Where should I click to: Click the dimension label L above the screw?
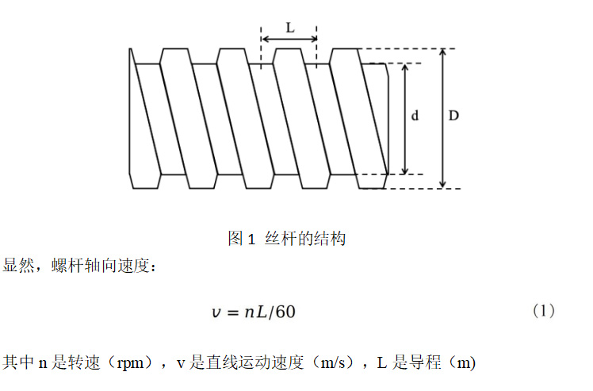click(x=289, y=26)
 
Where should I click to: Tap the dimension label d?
click(x=415, y=116)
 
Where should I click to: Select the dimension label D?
click(x=453, y=116)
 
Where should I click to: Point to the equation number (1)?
click(x=542, y=311)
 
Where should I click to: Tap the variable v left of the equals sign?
click(x=215, y=312)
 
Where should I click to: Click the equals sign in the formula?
click(x=231, y=312)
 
